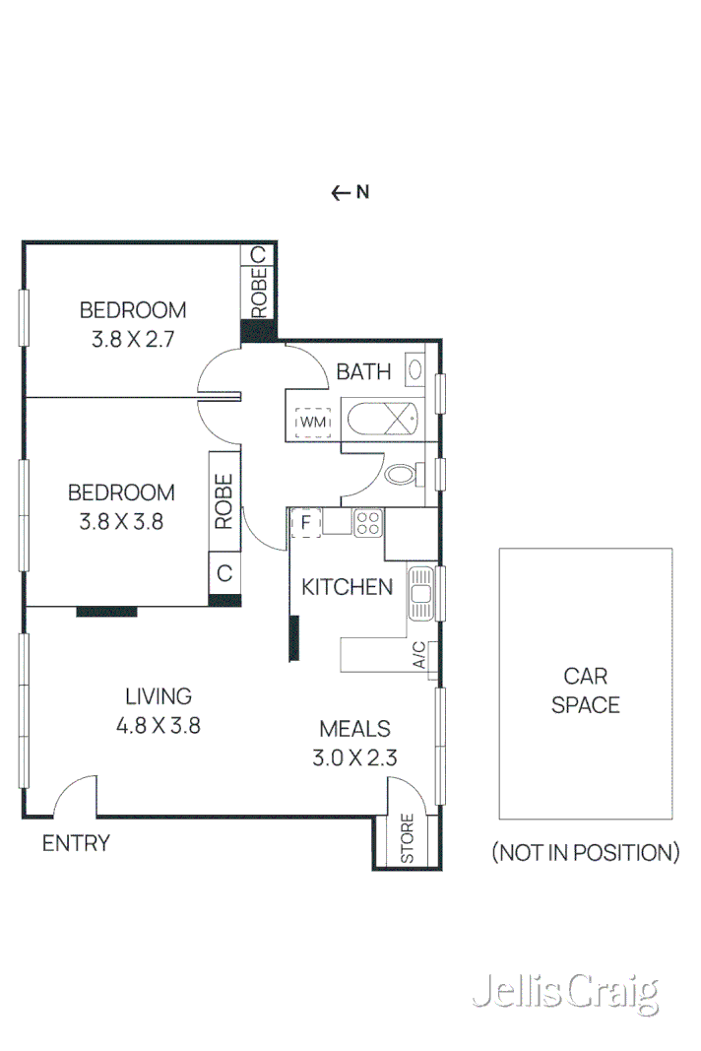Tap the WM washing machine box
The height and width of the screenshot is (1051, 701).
coord(312,422)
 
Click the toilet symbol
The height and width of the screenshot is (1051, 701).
coord(400,475)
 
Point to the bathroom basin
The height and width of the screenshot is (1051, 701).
coord(416,371)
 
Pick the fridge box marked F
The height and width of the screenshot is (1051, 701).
coord(306,522)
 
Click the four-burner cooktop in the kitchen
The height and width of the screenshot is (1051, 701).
coord(368,523)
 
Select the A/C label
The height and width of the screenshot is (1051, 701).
coord(418,654)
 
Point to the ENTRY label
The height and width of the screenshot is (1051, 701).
coord(76,843)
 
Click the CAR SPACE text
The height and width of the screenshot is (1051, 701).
coord(586,690)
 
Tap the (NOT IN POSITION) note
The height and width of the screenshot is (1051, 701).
coord(586,853)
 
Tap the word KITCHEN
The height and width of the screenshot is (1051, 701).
coord(347,587)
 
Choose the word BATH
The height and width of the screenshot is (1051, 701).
coord(363,371)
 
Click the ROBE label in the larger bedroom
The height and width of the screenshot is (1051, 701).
coord(223,501)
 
